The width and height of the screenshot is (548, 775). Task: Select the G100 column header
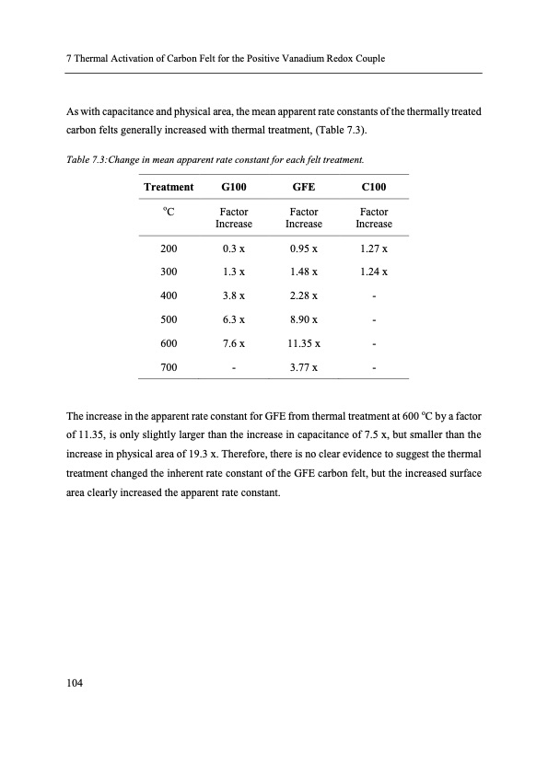tap(234, 187)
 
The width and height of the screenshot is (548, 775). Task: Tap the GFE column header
tap(304, 187)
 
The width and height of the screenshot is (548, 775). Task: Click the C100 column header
tap(374, 187)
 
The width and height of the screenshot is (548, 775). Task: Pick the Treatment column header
tap(169, 187)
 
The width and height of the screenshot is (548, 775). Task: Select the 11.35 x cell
tap(304, 343)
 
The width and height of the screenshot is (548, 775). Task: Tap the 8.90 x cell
tap(304, 319)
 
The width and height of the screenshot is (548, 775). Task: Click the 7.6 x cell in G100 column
tap(234, 343)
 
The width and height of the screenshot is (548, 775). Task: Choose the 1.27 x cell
tap(374, 249)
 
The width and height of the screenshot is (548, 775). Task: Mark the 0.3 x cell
tap(234, 249)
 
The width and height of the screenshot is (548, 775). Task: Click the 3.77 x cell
tap(304, 367)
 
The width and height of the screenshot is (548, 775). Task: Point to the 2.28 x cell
tap(304, 296)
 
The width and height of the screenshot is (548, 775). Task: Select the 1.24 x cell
tap(374, 272)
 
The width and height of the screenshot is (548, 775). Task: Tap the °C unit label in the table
tap(169, 212)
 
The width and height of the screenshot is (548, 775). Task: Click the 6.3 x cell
tap(234, 319)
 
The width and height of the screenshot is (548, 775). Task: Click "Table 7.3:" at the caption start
tap(88, 159)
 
